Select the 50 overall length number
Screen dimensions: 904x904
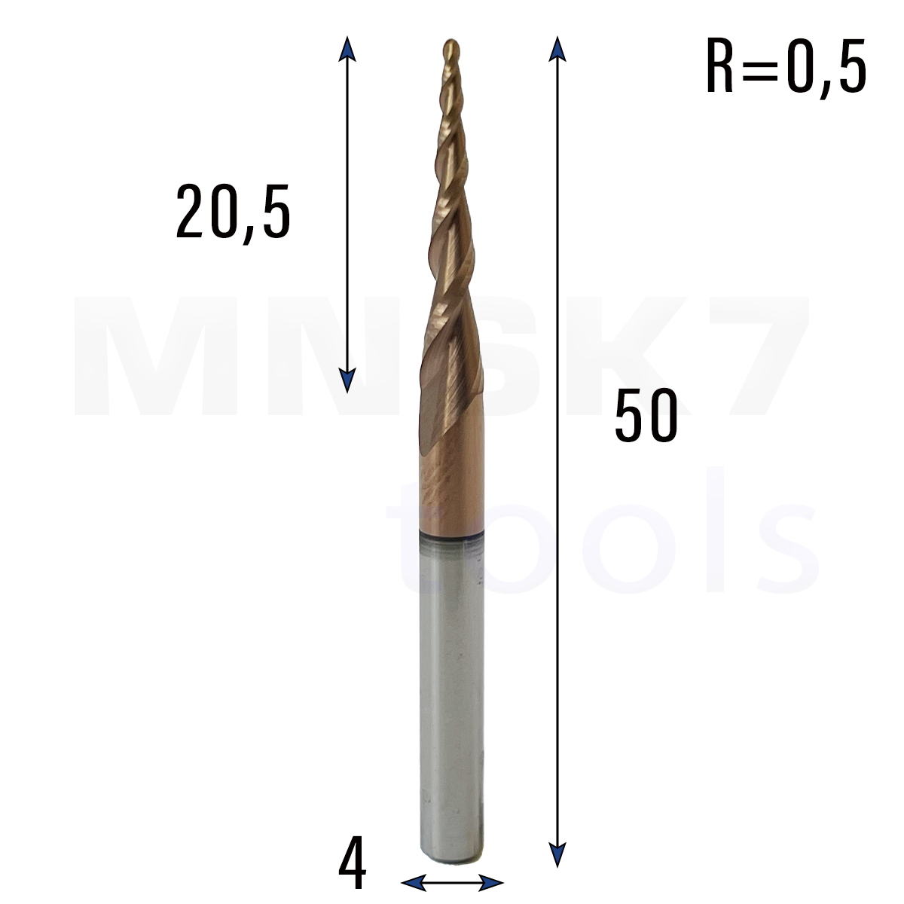coord(646,415)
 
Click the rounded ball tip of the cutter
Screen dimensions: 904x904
coord(450,49)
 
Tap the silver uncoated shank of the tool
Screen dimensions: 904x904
coord(451,704)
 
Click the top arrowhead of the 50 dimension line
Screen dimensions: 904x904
coord(557,49)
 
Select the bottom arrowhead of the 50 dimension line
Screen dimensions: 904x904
coord(557,855)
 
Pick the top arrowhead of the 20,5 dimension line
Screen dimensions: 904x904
coord(347,49)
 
